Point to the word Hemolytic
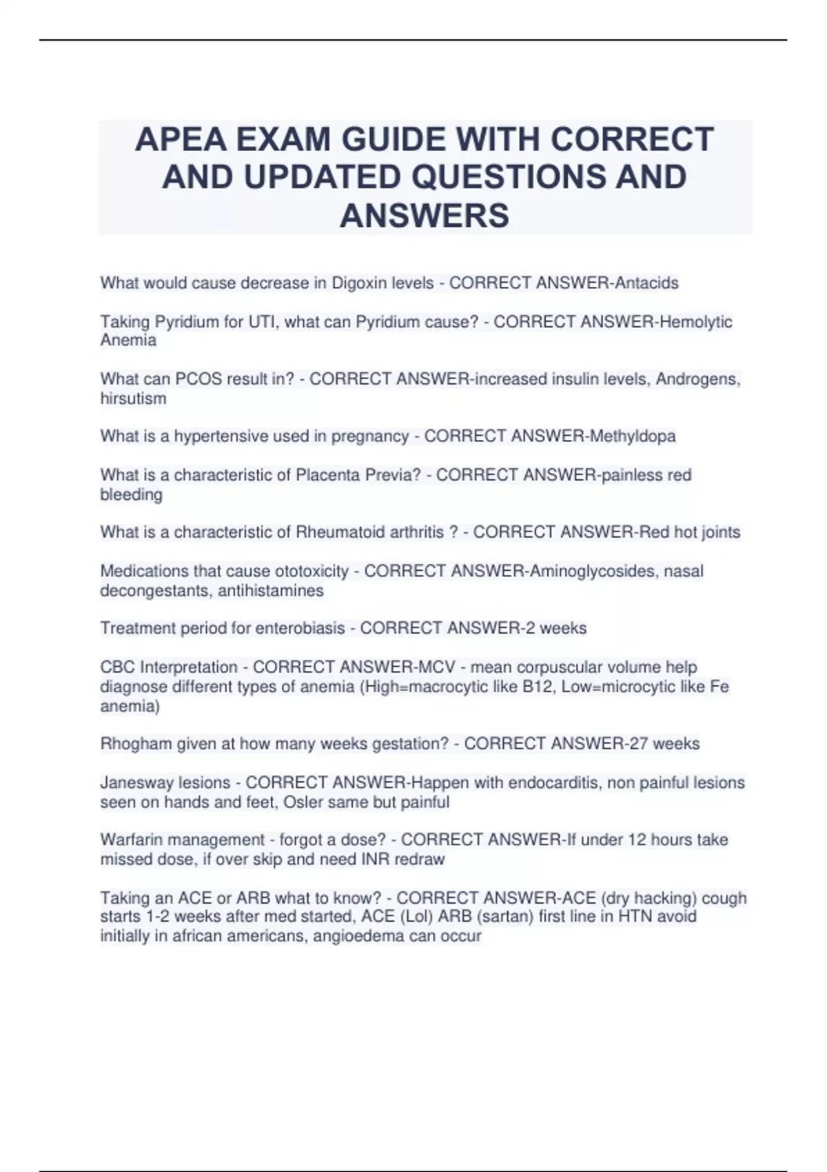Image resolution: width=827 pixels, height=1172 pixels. [696, 321]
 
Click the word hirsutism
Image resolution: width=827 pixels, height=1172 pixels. [133, 398]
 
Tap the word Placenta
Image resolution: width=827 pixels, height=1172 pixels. [325, 475]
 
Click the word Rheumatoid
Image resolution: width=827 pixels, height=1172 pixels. [335, 532]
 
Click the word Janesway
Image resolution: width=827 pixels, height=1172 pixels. [136, 782]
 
